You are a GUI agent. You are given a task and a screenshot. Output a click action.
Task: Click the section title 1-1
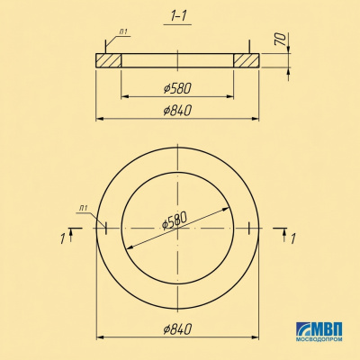pos(178,17)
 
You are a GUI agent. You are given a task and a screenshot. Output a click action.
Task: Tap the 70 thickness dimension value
pos(280,39)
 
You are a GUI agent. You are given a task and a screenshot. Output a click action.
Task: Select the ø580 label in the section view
pos(177,88)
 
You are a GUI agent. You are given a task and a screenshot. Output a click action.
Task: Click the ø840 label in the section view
pos(177,111)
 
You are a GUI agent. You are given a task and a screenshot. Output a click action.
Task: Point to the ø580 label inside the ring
pos(175,220)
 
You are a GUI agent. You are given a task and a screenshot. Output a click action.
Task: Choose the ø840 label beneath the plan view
pos(177,329)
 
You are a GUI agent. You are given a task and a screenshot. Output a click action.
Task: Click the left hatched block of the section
pos(108,60)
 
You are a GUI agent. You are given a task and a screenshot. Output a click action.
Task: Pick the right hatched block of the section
pos(247,60)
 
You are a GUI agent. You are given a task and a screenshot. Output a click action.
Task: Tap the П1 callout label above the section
pos(123,31)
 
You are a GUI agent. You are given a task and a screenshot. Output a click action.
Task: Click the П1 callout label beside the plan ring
pos(84,208)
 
